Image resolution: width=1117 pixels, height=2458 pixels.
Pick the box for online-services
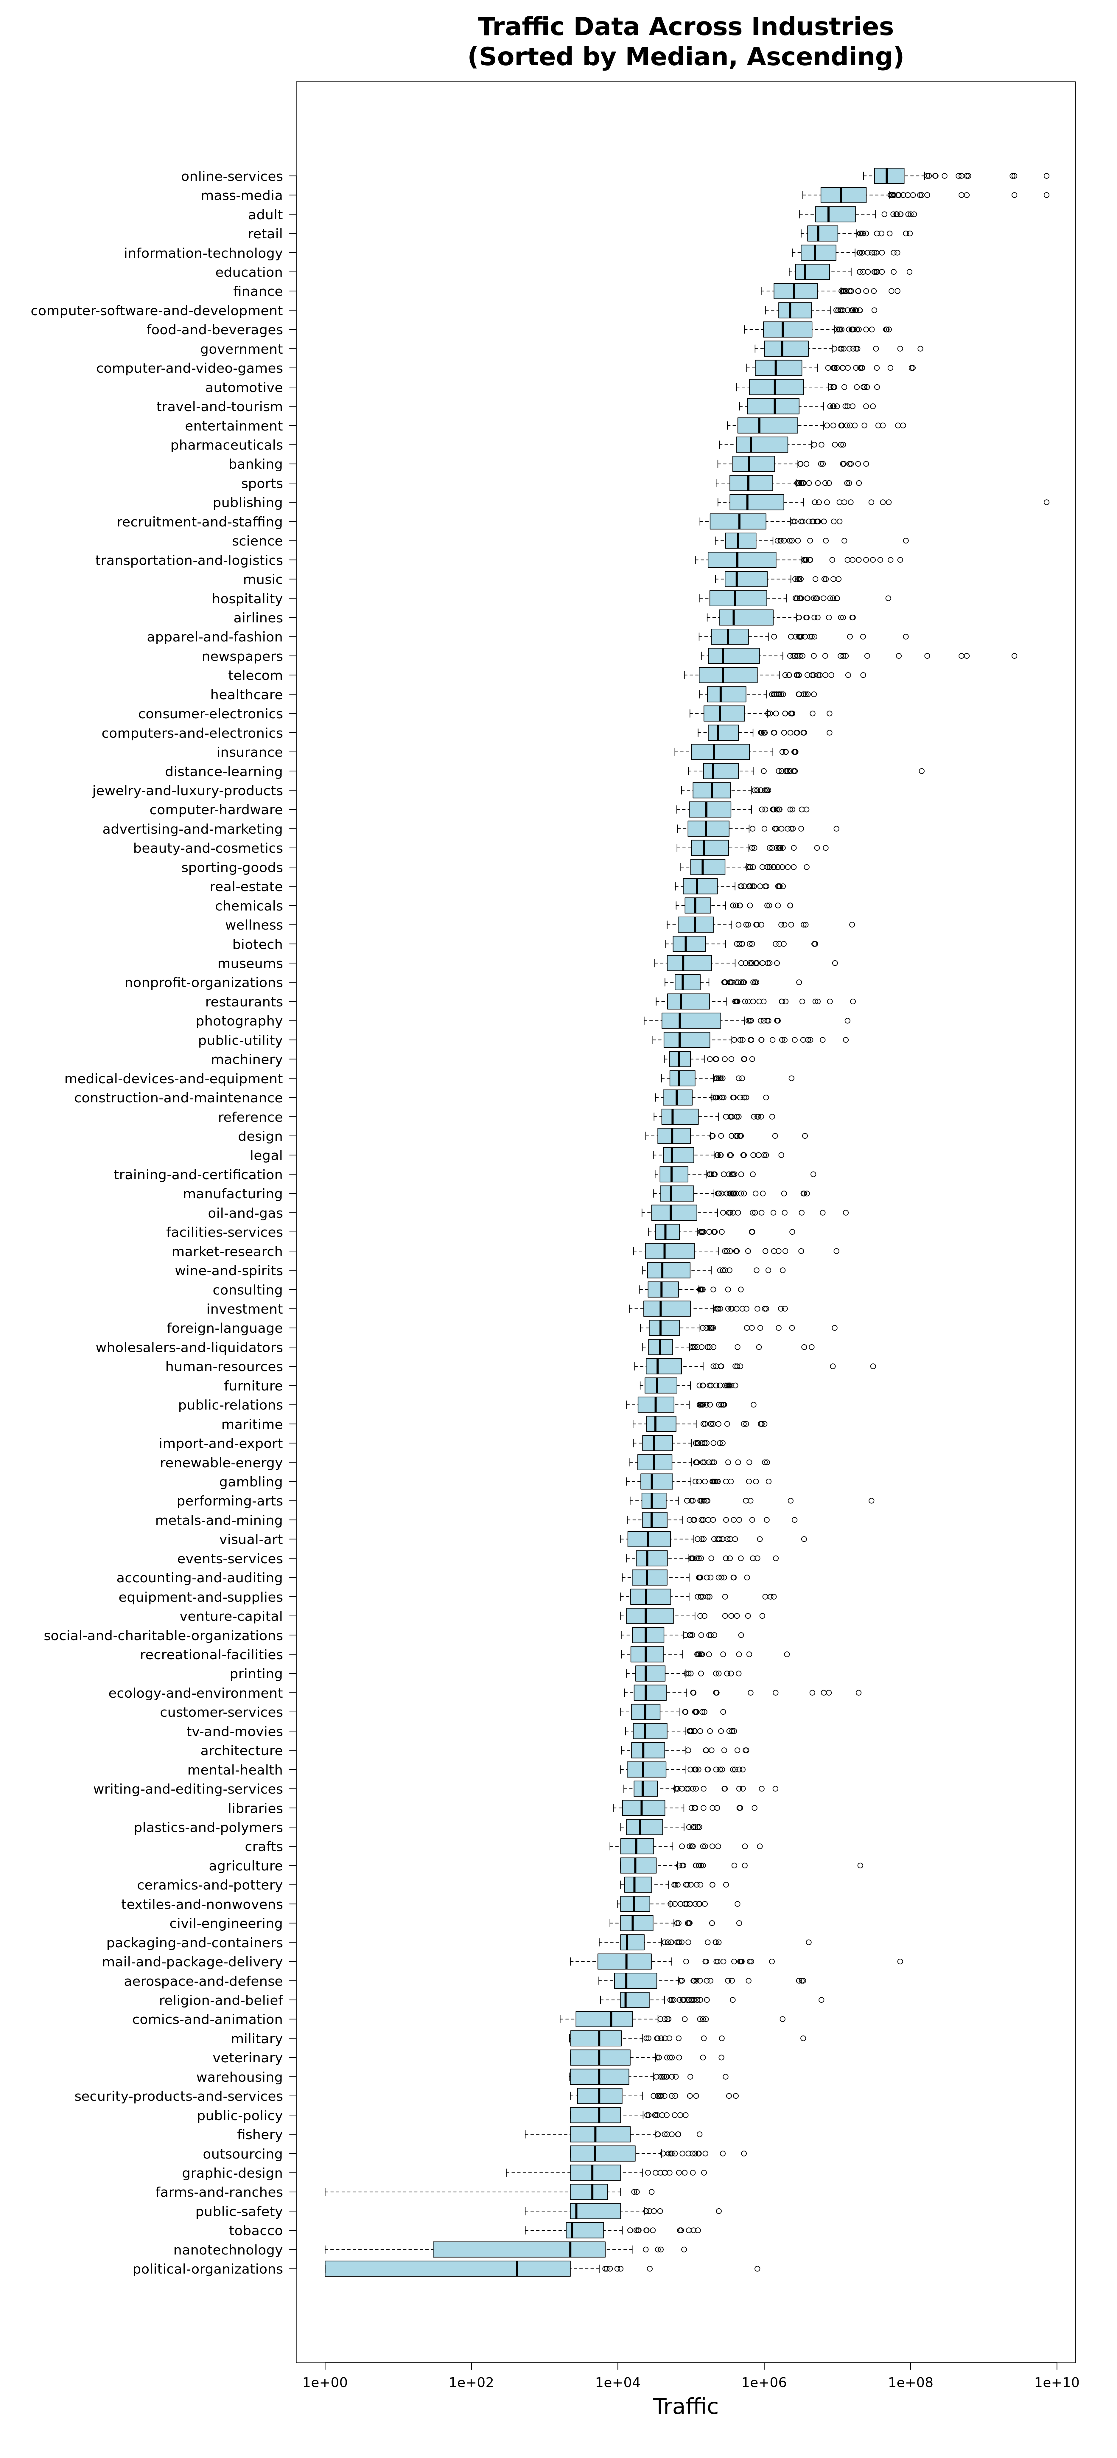pos(889,175)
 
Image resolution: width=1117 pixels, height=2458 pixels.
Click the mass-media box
pos(843,195)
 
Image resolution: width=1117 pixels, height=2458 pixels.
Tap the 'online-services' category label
pos(232,176)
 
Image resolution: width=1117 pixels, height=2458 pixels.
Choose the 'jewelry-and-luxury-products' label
pos(188,791)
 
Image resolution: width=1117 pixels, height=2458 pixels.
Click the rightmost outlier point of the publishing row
pos(1046,502)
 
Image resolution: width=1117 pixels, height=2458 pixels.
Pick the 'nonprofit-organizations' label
pos(204,983)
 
